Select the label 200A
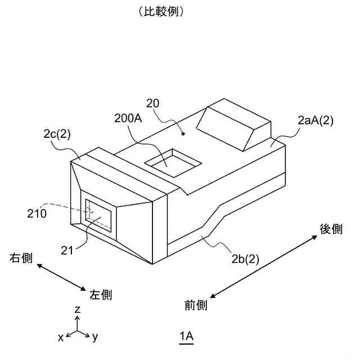127,119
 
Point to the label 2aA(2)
316,120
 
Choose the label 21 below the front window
67,251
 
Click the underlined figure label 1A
187,336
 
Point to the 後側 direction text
331,229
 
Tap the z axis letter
78,310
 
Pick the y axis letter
96,337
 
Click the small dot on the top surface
183,134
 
